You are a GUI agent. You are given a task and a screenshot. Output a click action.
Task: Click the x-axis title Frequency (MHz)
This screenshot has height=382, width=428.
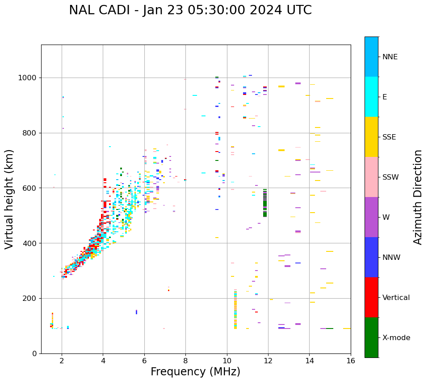point(195,372)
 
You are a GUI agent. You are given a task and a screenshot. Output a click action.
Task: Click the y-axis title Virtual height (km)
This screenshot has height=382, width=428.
point(9,199)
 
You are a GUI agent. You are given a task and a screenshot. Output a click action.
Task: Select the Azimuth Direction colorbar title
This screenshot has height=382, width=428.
point(418,197)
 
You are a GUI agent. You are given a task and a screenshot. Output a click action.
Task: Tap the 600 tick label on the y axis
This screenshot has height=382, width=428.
point(30,188)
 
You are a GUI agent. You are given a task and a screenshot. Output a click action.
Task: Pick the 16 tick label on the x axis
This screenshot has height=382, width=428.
point(351,361)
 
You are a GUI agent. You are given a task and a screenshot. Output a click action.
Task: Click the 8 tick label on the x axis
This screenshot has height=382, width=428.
point(185,361)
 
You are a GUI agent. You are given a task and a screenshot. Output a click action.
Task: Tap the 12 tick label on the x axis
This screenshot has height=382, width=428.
point(268,361)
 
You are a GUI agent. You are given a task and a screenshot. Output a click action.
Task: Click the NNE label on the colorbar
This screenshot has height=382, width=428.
point(390,57)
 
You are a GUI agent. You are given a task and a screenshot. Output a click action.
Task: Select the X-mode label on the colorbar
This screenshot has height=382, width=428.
point(396,338)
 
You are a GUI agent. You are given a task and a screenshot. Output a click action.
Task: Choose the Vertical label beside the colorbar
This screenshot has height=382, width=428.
point(396,298)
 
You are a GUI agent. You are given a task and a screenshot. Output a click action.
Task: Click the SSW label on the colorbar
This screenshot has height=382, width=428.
point(390,177)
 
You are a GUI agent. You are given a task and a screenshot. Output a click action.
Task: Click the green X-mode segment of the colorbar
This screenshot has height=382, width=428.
point(371,337)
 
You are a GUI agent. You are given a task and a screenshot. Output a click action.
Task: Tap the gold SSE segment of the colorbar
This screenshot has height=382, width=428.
point(371,137)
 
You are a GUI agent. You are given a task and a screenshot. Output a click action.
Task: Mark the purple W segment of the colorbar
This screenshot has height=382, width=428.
point(371,217)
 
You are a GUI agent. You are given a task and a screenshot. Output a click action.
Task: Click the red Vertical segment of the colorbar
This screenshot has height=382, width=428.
point(371,297)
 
